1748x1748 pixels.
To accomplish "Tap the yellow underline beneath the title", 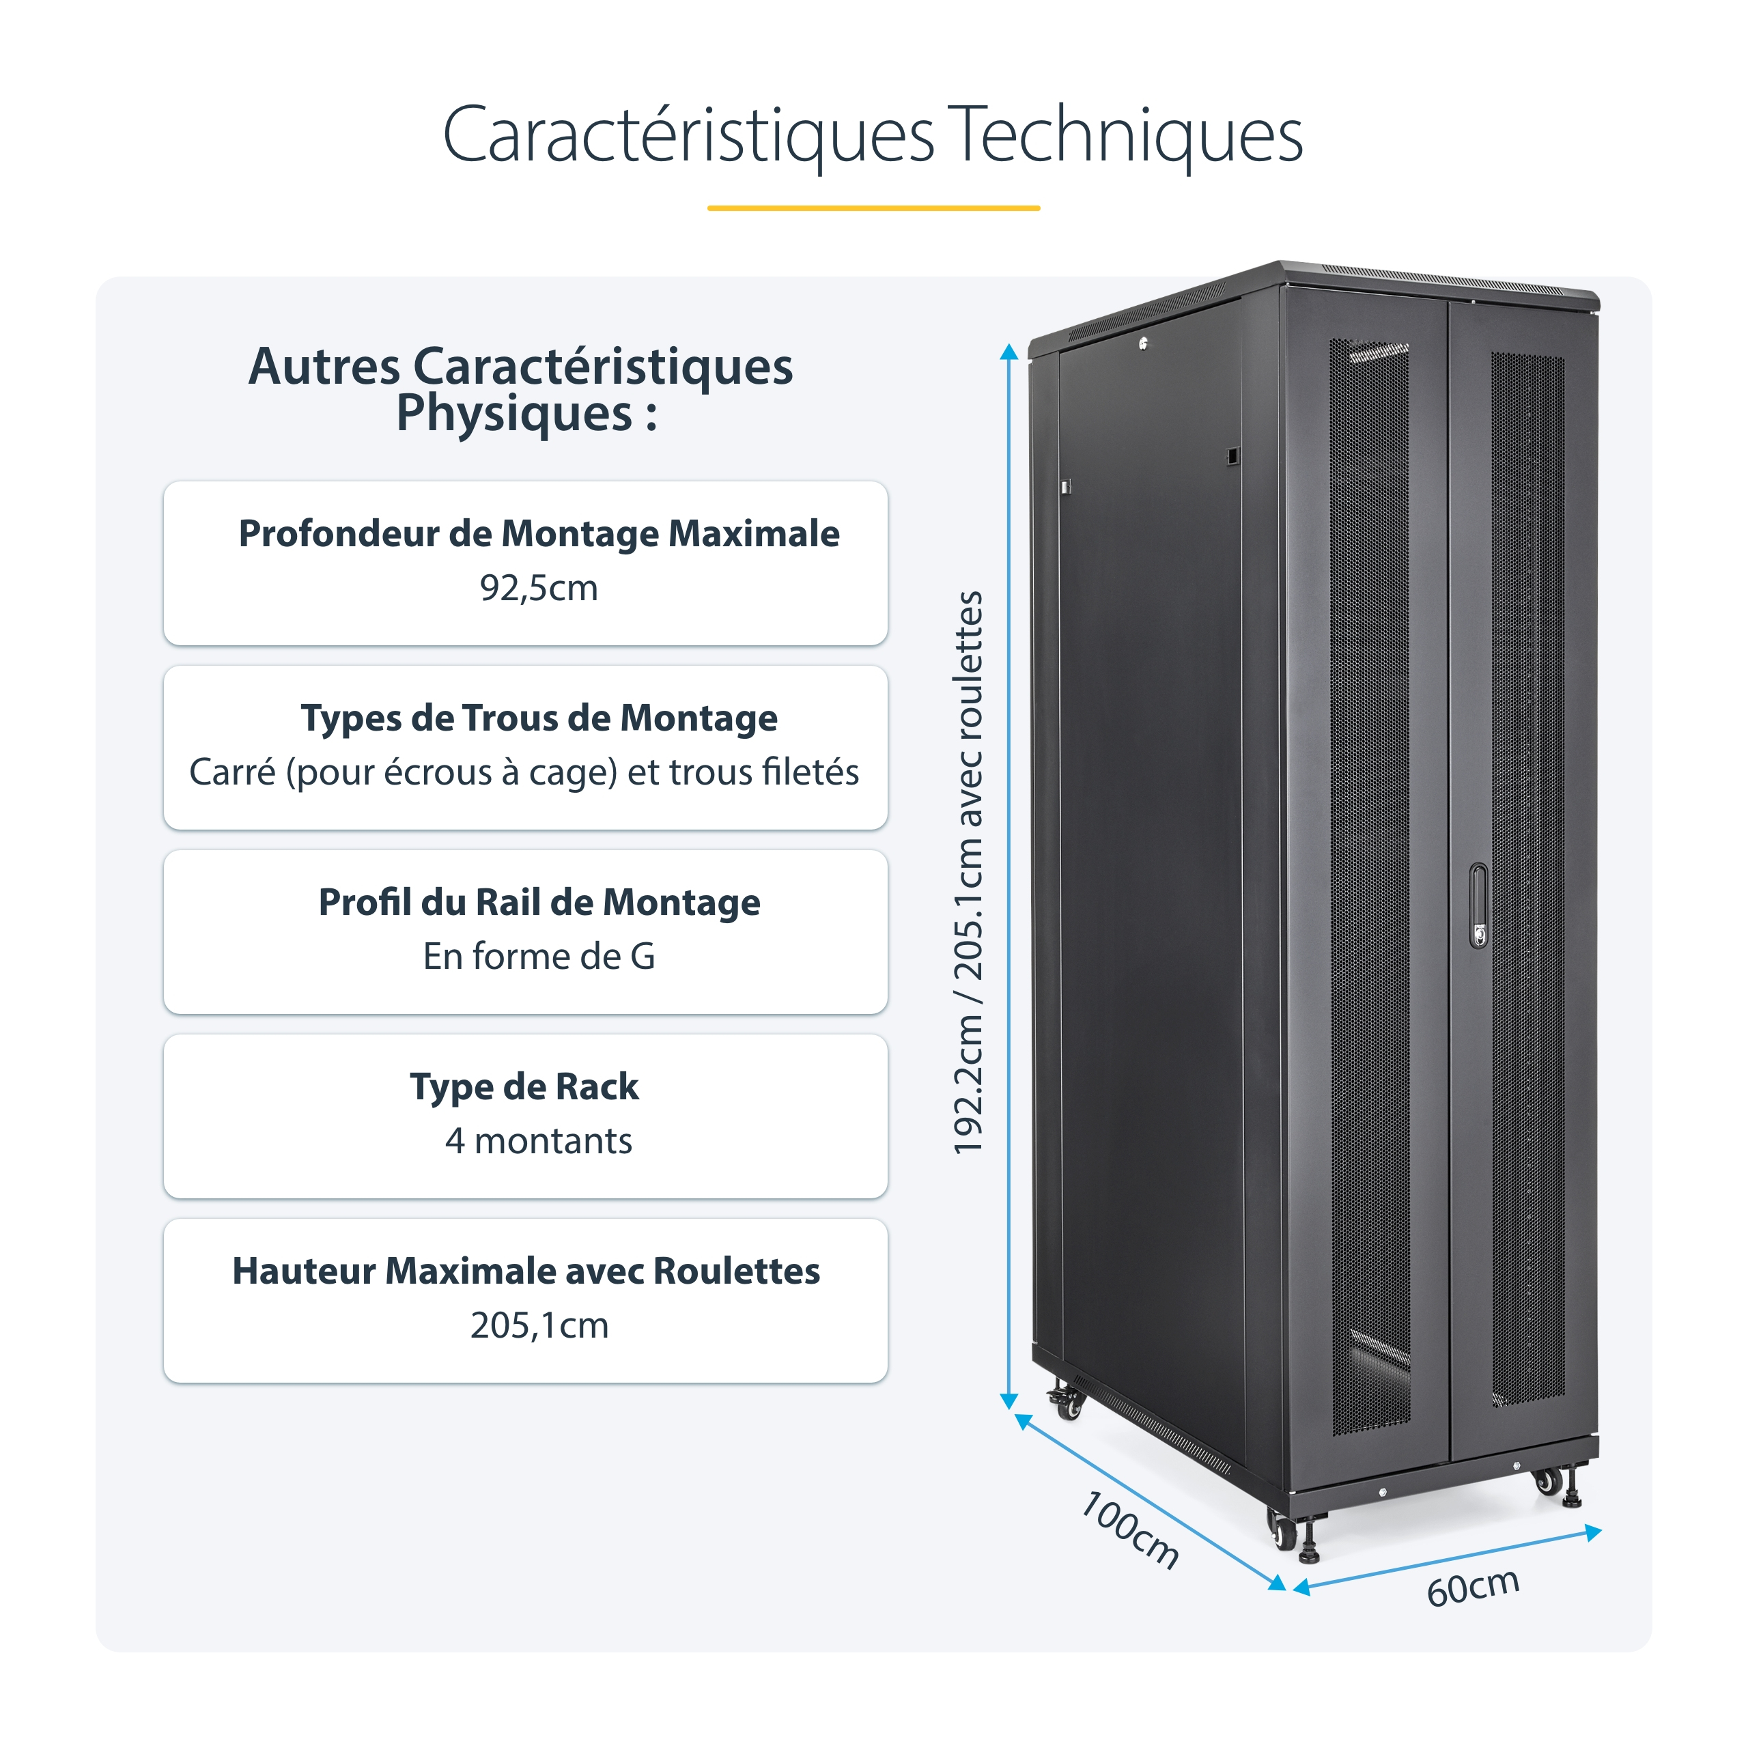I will (873, 208).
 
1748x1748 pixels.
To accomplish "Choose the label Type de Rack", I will (525, 1086).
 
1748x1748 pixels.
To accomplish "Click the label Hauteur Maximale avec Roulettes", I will (526, 1271).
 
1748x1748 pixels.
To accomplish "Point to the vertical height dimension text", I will (968, 873).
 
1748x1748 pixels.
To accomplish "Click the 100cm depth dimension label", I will (1131, 1529).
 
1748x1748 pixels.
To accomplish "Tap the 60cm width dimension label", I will (1473, 1587).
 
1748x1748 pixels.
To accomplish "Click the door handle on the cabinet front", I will (1478, 905).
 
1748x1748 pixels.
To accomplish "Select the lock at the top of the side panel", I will (1144, 344).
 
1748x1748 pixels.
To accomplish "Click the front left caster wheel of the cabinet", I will (1284, 1533).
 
